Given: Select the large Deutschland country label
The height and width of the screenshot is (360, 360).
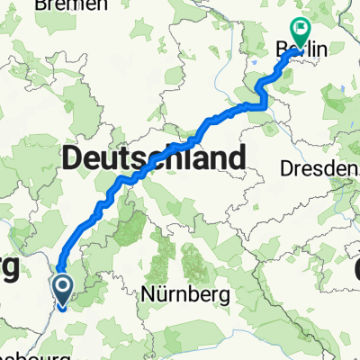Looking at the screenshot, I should tap(153, 160).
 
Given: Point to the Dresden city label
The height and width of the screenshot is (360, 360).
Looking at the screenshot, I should tap(316, 168).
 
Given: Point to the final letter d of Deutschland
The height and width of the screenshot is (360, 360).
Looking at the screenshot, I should tap(235, 160).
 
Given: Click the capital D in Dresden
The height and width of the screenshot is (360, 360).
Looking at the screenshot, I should tap(287, 168).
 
